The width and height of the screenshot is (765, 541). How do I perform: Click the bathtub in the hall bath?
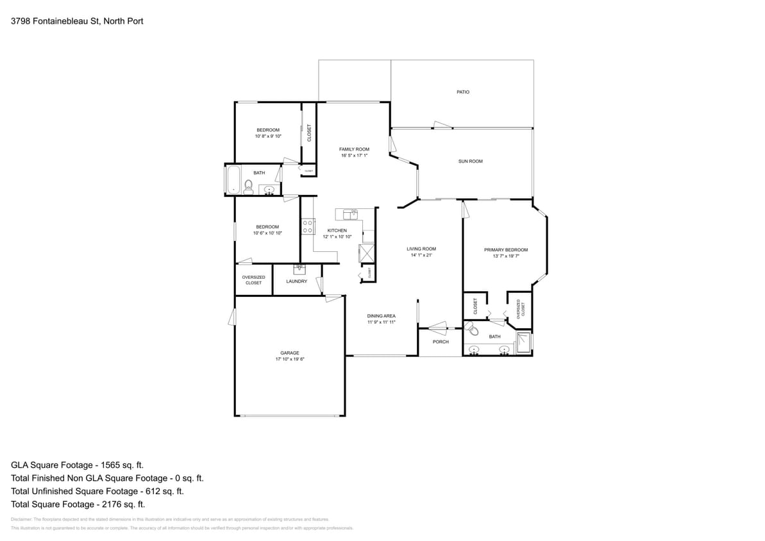232,180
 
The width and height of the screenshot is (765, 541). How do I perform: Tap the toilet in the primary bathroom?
473,331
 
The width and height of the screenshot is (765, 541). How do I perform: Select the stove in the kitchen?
307,226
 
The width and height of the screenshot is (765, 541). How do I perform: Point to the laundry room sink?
299,269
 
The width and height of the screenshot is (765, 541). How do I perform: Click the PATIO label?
462,92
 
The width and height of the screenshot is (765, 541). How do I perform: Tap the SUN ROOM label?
470,162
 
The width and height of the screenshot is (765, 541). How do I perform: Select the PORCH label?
441,342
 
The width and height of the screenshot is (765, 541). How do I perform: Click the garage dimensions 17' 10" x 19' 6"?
290,360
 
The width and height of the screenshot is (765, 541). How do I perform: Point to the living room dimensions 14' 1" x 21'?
421,255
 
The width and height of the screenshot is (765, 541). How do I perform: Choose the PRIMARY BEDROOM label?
505,250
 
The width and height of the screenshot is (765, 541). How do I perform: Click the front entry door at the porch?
439,328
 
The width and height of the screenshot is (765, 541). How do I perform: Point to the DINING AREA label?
381,316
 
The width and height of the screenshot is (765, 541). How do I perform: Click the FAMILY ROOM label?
354,149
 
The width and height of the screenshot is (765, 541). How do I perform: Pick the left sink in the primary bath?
475,350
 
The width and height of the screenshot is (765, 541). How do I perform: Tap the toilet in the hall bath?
249,187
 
